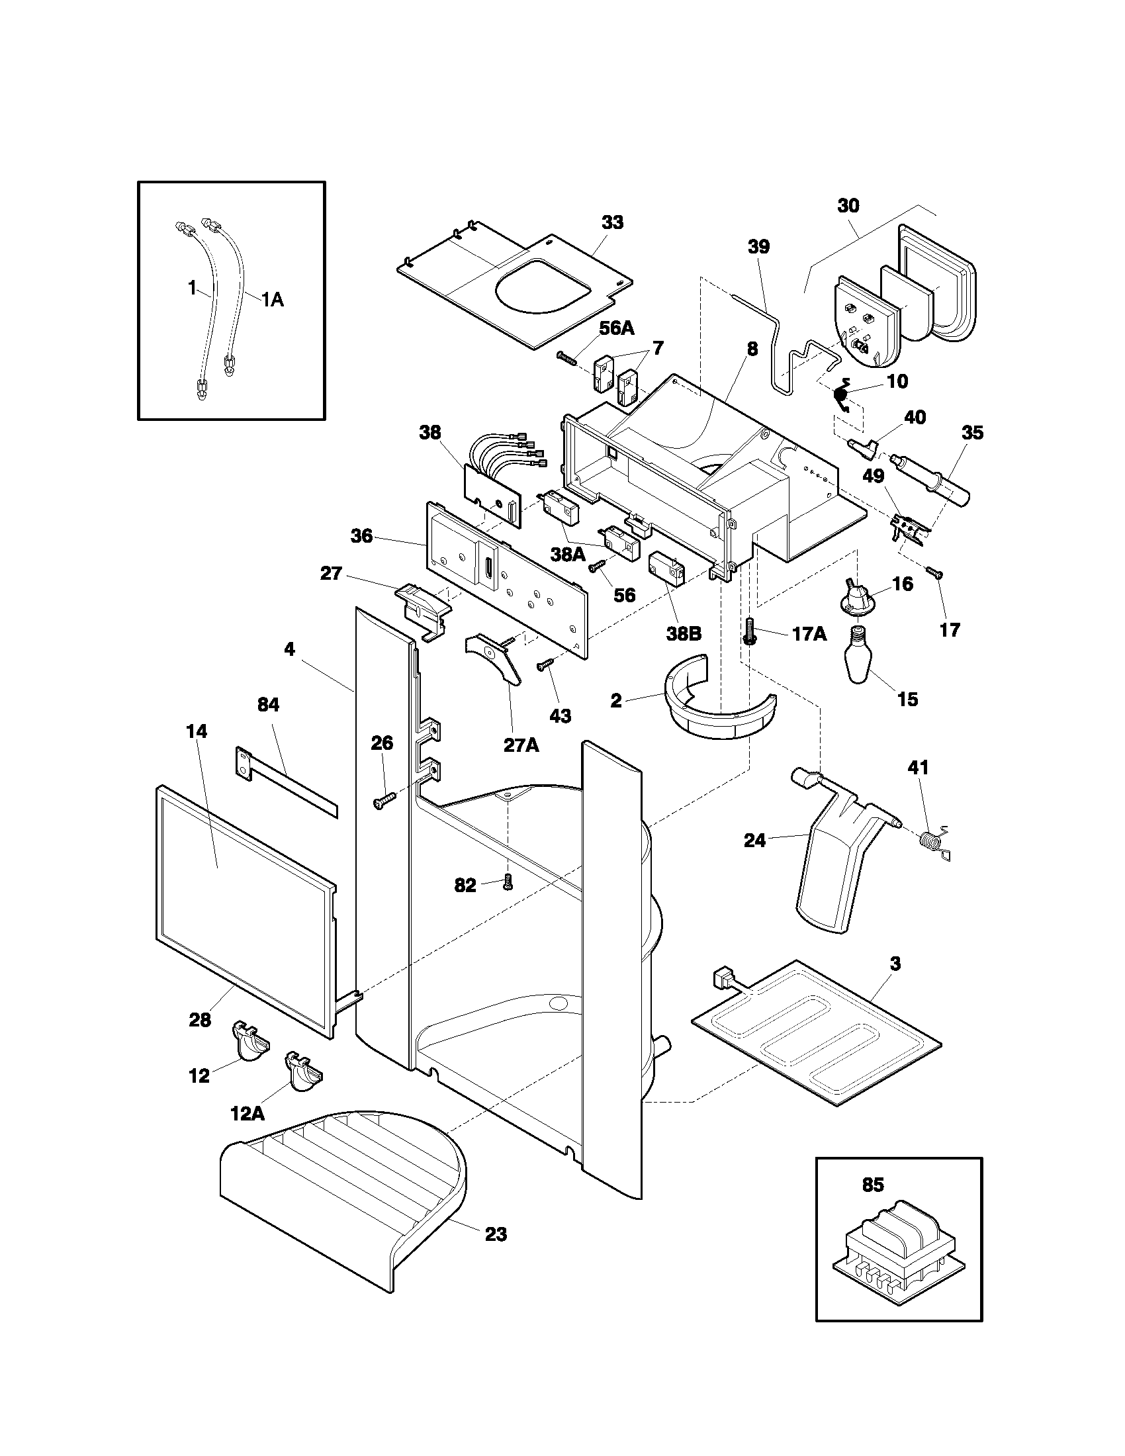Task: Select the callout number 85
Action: pyautogui.click(x=872, y=1185)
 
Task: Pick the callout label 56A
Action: pyautogui.click(x=617, y=328)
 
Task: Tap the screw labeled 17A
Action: pyautogui.click(x=750, y=630)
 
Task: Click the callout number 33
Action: pyautogui.click(x=612, y=222)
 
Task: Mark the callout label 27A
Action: pyautogui.click(x=521, y=744)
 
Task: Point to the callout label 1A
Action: pyautogui.click(x=272, y=300)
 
